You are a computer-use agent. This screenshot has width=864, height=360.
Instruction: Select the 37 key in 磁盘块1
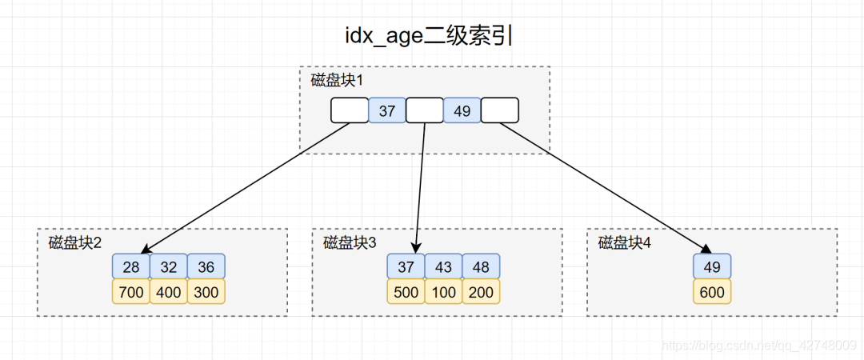point(387,110)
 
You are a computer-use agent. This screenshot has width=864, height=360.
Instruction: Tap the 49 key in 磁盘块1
point(462,110)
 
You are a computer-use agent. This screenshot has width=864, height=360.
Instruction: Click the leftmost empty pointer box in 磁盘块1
point(350,110)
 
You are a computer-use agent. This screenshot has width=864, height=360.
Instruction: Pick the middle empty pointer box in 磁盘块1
point(424,110)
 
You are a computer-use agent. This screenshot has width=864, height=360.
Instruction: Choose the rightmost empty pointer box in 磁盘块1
point(499,110)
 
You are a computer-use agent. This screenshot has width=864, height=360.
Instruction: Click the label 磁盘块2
point(75,242)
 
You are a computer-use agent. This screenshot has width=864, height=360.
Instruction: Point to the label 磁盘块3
point(350,242)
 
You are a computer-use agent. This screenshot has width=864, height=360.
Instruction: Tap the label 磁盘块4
point(625,242)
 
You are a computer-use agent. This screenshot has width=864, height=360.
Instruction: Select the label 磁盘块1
point(338,80)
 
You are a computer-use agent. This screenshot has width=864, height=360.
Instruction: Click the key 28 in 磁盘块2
point(131,266)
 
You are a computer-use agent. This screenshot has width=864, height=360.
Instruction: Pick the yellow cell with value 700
point(131,292)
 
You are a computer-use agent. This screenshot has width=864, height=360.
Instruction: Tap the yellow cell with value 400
point(169,292)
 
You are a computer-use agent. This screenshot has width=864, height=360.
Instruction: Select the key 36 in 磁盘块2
point(206,266)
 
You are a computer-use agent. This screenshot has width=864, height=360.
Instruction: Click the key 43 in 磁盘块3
point(443,266)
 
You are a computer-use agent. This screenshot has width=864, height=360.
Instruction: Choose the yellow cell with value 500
point(406,292)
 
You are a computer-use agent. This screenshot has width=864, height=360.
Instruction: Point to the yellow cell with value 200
point(481,292)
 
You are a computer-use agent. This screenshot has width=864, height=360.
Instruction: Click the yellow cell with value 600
point(712,292)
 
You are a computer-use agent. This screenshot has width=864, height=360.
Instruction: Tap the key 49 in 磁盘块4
point(712,266)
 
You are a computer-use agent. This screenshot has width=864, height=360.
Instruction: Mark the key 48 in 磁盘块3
point(481,266)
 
